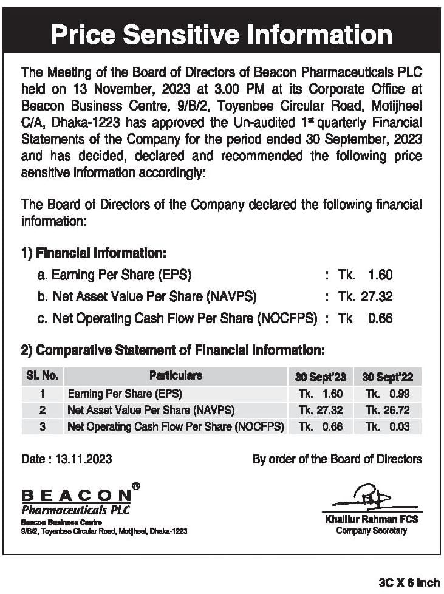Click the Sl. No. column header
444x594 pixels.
(x=43, y=376)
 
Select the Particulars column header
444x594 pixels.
(x=176, y=376)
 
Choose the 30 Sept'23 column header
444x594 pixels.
(x=320, y=377)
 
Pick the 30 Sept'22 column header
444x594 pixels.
(x=388, y=377)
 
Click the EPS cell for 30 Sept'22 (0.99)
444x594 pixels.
(x=388, y=394)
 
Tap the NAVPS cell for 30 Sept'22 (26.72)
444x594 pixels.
(x=388, y=410)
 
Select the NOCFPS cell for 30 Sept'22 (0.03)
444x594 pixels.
(x=388, y=426)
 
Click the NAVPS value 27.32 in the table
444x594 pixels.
(x=321, y=410)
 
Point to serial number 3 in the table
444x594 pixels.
(x=43, y=426)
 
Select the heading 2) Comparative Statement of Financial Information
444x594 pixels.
(x=173, y=350)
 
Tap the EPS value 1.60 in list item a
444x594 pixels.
(x=380, y=275)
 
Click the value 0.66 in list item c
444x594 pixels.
(x=380, y=318)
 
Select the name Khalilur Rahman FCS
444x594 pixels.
(x=371, y=519)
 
